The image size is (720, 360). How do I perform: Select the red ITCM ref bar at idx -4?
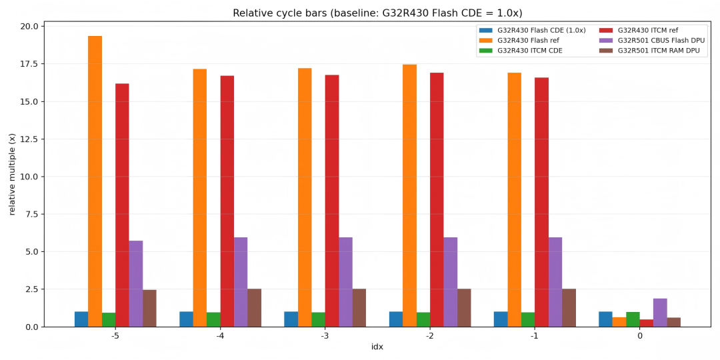[x=227, y=201]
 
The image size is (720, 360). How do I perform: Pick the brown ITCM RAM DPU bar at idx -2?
[x=464, y=307]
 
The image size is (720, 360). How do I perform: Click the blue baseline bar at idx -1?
[x=501, y=319]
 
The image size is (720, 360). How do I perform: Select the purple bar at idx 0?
[x=660, y=313]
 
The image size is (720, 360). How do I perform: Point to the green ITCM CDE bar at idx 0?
[x=633, y=319]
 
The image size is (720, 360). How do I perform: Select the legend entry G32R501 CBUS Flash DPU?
[x=661, y=41]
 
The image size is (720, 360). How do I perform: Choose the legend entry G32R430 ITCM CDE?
[x=529, y=51]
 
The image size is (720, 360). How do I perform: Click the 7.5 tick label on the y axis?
[x=31, y=214]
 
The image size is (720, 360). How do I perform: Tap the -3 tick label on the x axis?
[x=325, y=336]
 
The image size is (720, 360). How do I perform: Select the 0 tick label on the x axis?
[x=640, y=336]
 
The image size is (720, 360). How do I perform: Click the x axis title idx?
[x=377, y=347]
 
